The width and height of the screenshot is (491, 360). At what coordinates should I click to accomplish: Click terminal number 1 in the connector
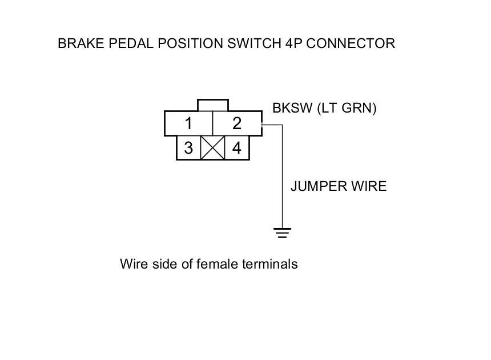[x=188, y=123]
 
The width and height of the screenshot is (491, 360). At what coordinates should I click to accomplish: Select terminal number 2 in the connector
[x=237, y=123]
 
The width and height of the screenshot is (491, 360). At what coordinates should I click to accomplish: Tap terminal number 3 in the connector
[x=188, y=149]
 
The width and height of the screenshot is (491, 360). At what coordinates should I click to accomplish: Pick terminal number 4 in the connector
[x=237, y=149]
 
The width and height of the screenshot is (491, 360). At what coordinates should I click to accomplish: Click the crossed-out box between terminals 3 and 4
[x=212, y=149]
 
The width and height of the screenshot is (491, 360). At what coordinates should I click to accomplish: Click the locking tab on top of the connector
[x=212, y=106]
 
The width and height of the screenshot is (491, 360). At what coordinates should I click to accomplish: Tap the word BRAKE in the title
[x=77, y=43]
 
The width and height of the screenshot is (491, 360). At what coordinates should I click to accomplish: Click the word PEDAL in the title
[x=118, y=43]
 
